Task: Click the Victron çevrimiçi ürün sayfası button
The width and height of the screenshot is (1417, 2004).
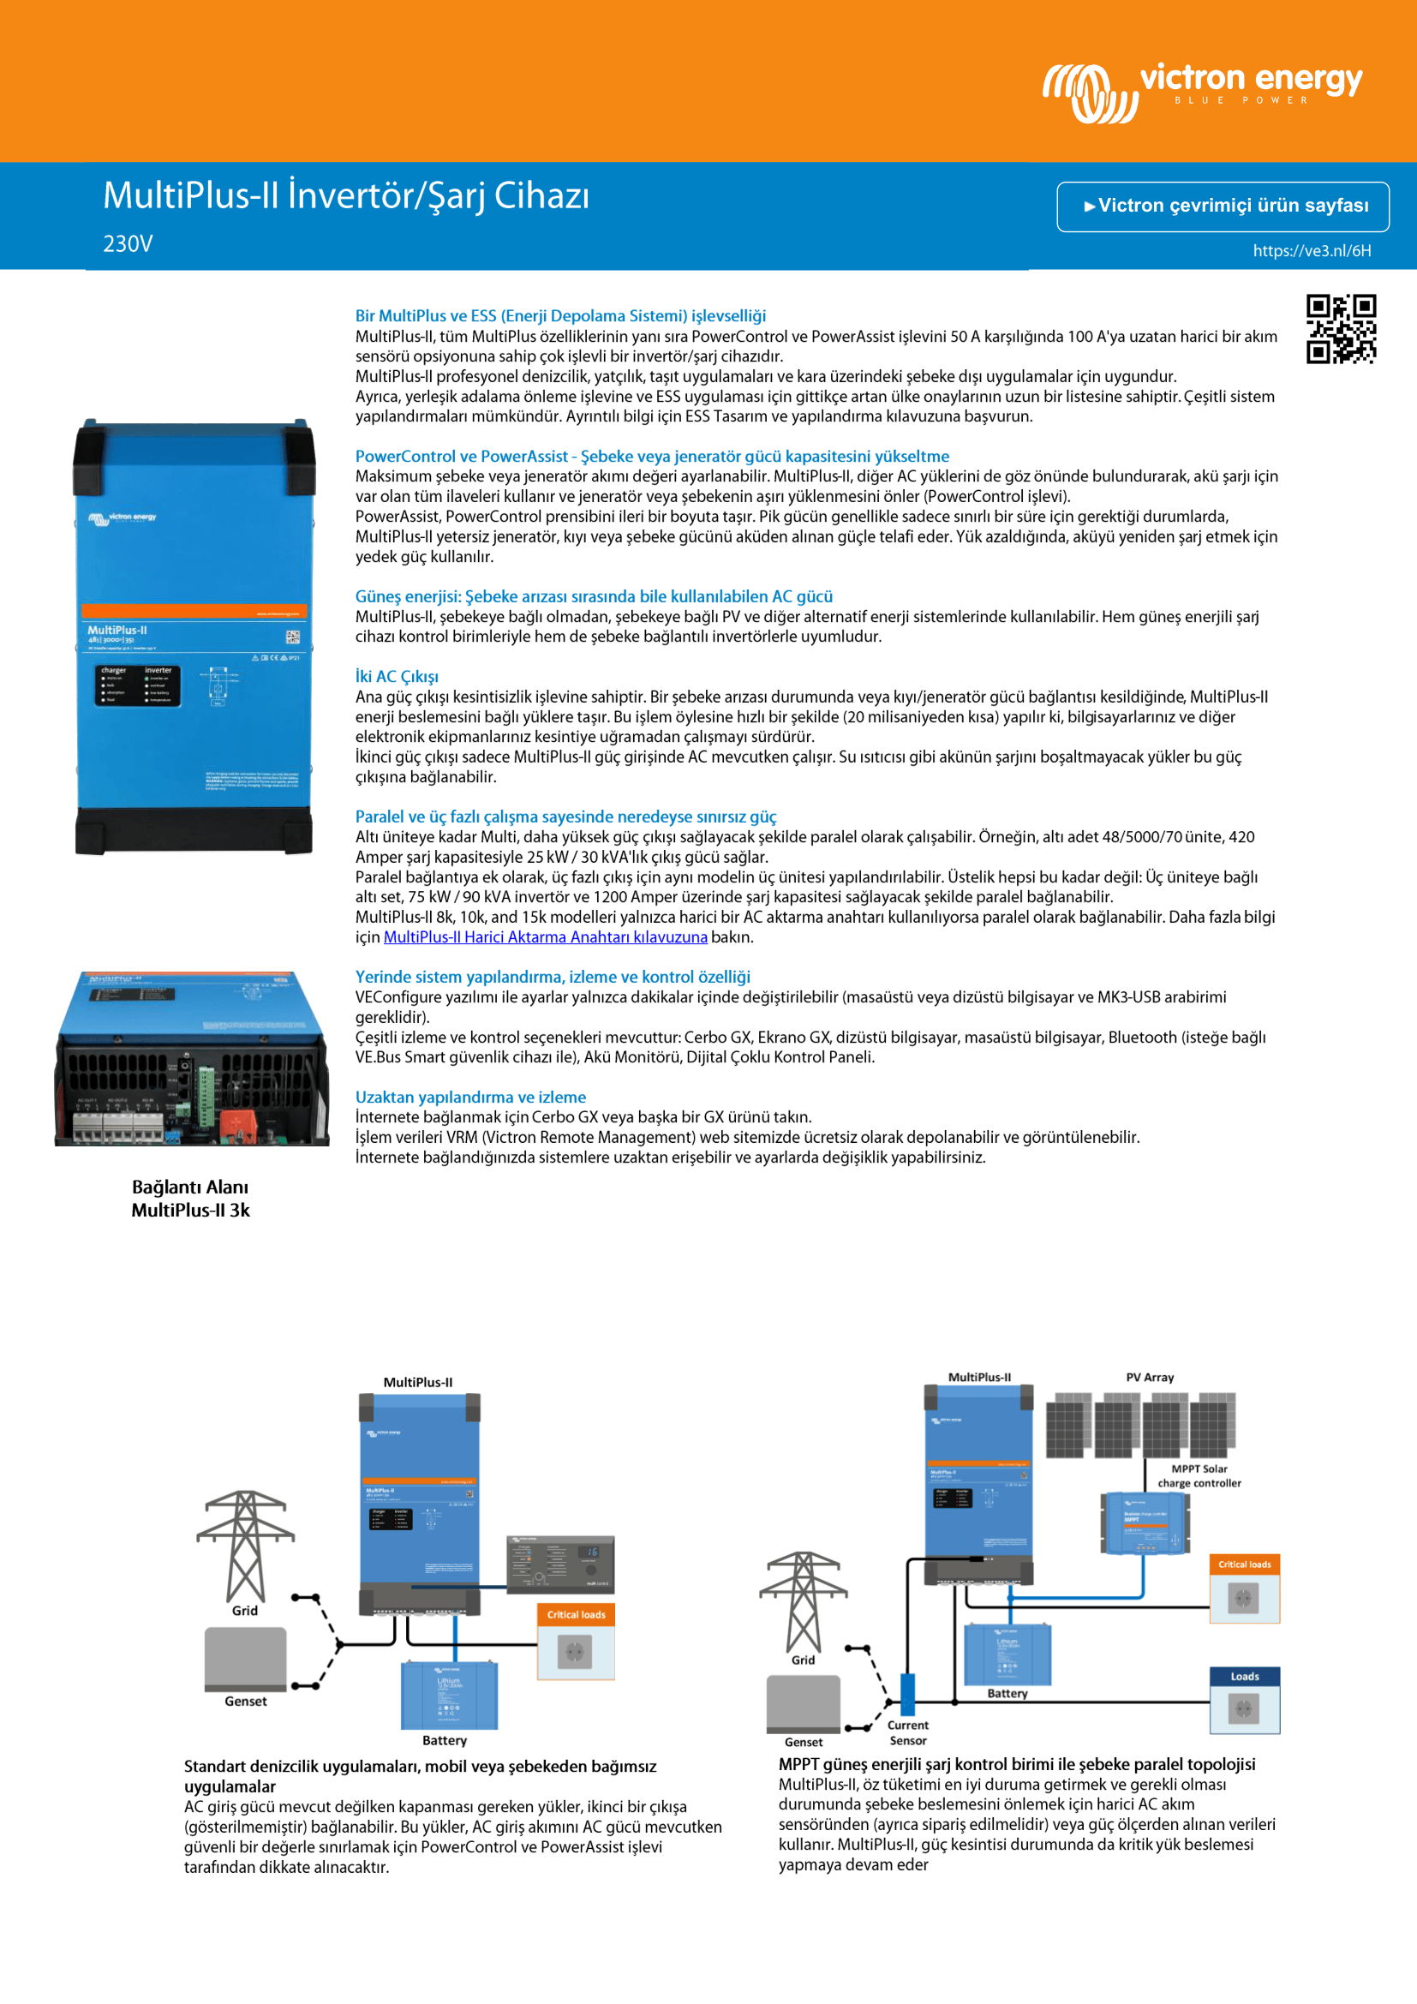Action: coord(1223,206)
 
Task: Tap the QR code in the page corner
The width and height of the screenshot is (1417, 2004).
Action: coord(1340,328)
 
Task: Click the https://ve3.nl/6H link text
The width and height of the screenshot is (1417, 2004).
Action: coord(1312,251)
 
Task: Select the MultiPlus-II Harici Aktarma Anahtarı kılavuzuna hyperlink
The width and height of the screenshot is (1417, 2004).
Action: coord(546,937)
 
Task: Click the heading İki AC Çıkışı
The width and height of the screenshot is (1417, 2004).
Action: coord(397,677)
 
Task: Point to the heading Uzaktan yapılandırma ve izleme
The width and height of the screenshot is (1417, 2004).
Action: coord(470,1098)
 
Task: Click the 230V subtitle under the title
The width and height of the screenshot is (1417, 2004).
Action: coord(128,244)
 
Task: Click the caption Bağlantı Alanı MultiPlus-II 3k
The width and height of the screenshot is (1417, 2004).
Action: coord(190,1199)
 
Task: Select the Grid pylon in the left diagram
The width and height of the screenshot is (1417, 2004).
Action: coord(245,1546)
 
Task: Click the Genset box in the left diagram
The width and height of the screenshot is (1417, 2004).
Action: coord(245,1659)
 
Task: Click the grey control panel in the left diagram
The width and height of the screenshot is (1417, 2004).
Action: coord(560,1565)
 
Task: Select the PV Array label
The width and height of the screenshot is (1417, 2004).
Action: coord(1149,1378)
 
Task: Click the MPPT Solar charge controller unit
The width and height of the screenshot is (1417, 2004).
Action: coord(1145,1523)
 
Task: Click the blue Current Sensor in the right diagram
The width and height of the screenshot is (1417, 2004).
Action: coord(907,1693)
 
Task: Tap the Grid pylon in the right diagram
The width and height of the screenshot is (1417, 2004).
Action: coord(803,1602)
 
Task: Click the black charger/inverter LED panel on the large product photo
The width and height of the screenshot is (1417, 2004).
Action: coord(138,685)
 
